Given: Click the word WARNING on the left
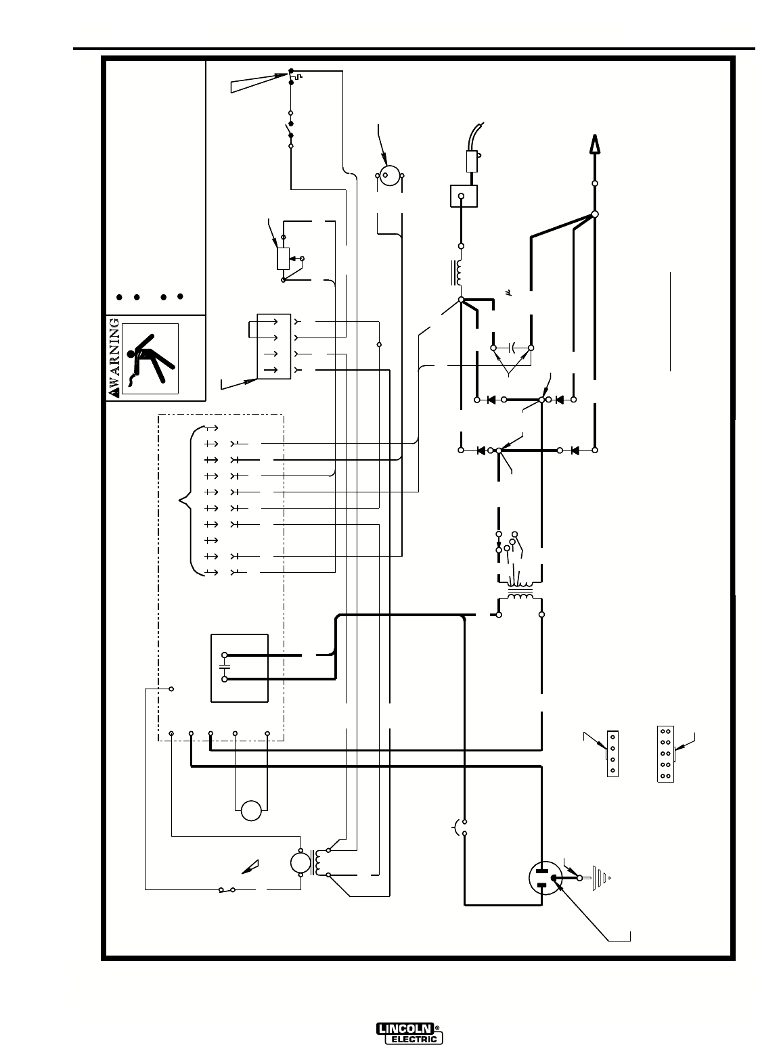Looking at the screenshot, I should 115,358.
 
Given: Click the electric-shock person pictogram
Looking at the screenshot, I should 150,359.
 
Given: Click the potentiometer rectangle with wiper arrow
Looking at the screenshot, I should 283,258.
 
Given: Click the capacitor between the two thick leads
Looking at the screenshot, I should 512,349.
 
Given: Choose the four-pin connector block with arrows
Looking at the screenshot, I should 273,345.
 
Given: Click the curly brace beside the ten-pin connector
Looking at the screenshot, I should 184,501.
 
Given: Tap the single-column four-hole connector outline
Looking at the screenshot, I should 613,753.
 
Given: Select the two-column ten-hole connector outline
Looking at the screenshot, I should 665,754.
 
